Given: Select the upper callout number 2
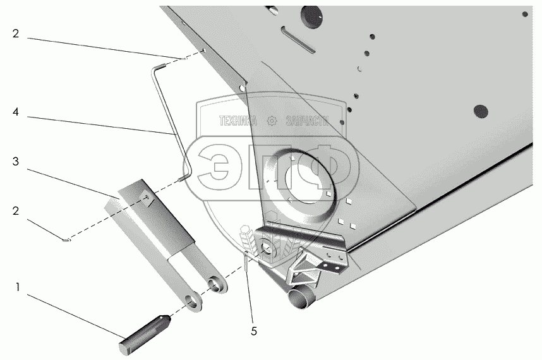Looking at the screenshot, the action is (16, 34).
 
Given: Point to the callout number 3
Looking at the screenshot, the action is (16, 162).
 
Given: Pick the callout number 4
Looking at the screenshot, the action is (16, 113).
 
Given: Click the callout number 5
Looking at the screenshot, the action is (253, 330).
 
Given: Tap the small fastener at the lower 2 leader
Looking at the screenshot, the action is (68, 239).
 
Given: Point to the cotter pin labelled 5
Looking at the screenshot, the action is (247, 261).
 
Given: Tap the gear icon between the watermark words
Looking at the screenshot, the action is (272, 121).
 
